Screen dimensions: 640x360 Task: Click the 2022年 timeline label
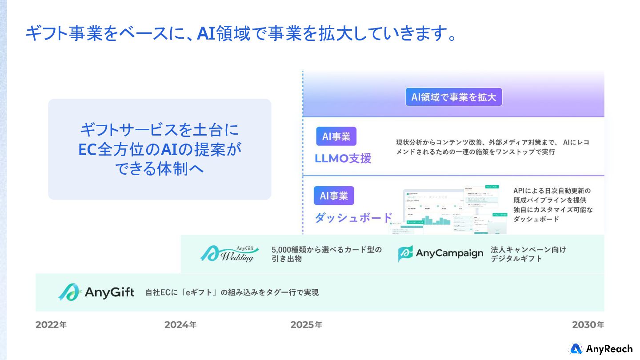point(51,325)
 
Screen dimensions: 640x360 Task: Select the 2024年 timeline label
point(180,325)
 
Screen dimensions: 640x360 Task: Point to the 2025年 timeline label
point(306,325)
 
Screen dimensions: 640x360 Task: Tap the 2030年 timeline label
point(588,325)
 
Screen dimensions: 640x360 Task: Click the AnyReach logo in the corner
point(601,349)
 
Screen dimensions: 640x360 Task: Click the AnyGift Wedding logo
point(228,254)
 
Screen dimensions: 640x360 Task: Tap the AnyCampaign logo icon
point(405,253)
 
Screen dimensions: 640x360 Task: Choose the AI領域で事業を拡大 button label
point(453,97)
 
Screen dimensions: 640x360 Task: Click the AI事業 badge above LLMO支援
point(336,136)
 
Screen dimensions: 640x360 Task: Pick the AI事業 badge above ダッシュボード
point(334,196)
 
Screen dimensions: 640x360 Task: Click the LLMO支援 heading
point(343,159)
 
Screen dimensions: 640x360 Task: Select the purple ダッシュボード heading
point(353,218)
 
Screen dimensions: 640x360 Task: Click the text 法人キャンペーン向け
point(528,249)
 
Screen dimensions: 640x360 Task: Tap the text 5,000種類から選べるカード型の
point(327,249)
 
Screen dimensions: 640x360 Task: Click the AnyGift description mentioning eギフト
point(232,292)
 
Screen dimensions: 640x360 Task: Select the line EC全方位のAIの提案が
point(160,149)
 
